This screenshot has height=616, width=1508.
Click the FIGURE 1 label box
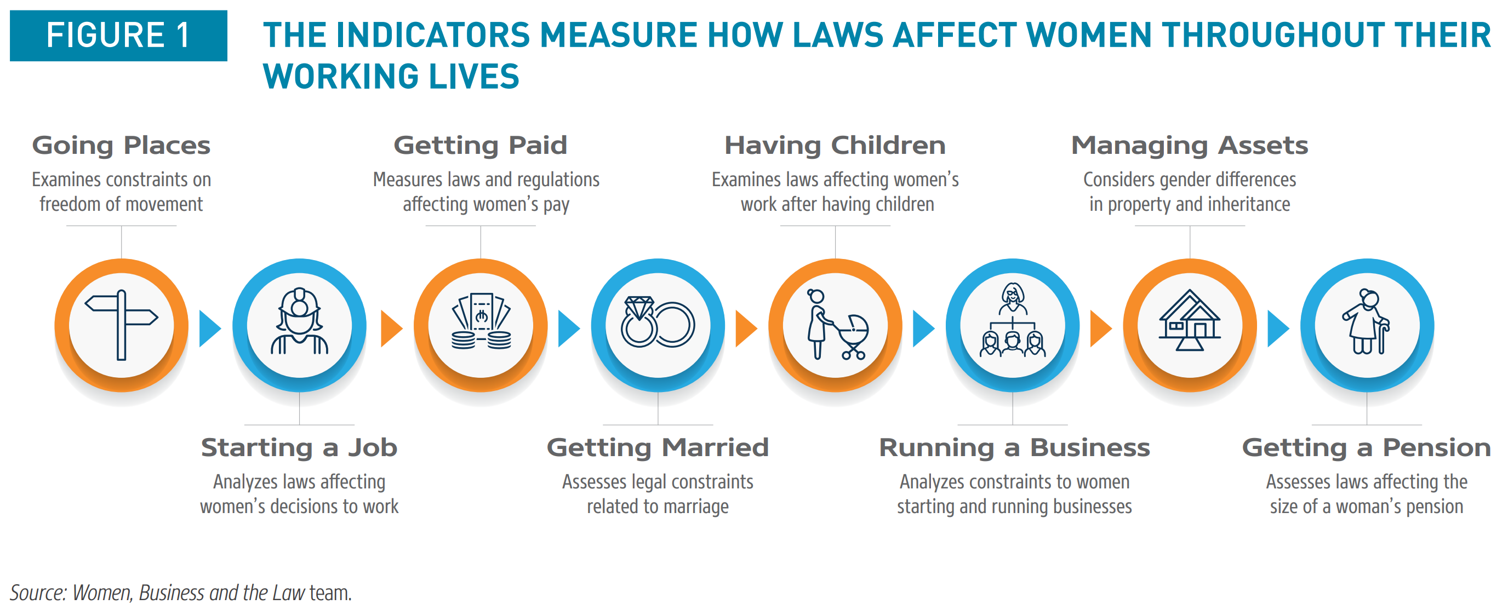coord(118,35)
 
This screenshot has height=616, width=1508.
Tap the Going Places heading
coord(121,146)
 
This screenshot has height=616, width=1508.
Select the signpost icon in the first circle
coord(121,325)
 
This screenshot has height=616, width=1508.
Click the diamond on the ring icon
coord(639,308)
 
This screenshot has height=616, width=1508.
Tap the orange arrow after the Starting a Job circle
coord(391,329)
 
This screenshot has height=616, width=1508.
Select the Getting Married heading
coord(658,448)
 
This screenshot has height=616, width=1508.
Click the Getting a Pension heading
coord(1366,448)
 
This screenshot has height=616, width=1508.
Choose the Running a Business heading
coord(1014,448)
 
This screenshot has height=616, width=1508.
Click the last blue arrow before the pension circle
coord(1278,329)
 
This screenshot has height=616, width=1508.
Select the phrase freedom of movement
coord(121,204)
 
